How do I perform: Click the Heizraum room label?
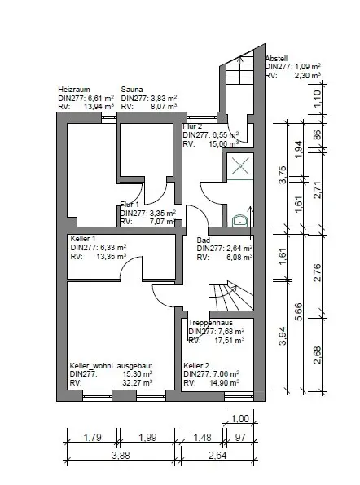(x=74, y=90)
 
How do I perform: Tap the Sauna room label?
(x=132, y=90)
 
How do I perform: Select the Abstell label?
(x=276, y=58)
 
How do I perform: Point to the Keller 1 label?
(x=83, y=239)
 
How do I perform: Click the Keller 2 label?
(x=196, y=366)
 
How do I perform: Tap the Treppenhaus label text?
(x=210, y=323)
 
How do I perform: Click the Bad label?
(x=204, y=240)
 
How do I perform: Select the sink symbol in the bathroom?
(x=239, y=221)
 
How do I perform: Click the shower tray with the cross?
(x=240, y=166)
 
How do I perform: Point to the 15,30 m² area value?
(x=138, y=374)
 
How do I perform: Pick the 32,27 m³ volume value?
(x=138, y=383)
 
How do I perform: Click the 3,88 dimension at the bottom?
(x=121, y=456)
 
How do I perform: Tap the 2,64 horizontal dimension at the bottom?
(x=217, y=456)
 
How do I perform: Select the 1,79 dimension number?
(x=92, y=438)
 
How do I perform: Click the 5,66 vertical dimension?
(x=299, y=311)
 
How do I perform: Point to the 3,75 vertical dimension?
(x=283, y=175)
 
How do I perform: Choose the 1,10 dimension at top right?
(x=318, y=99)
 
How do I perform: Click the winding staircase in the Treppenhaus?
(x=231, y=296)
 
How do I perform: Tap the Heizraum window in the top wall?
(x=109, y=117)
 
